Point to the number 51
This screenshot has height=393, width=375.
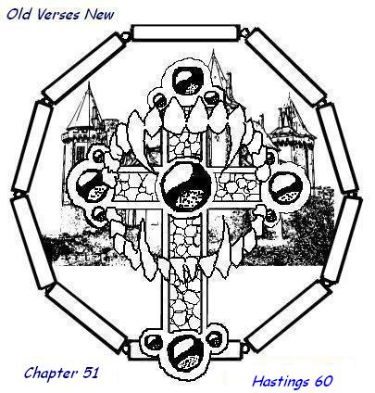coord(91,373)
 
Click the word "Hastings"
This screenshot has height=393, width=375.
coord(281,382)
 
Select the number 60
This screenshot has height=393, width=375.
coord(323,381)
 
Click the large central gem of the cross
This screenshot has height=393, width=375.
coord(187,184)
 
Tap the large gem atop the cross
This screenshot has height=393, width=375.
coord(188,81)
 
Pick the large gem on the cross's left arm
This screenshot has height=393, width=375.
coord(91,186)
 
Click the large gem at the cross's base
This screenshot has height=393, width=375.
coord(184,352)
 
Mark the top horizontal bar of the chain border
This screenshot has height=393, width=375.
coord(186,32)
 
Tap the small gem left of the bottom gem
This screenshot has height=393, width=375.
coord(154,342)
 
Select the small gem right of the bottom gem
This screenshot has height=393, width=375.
coord(214,338)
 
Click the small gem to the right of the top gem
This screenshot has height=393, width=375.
coord(211,98)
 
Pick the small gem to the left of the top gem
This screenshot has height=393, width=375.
coord(159,100)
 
